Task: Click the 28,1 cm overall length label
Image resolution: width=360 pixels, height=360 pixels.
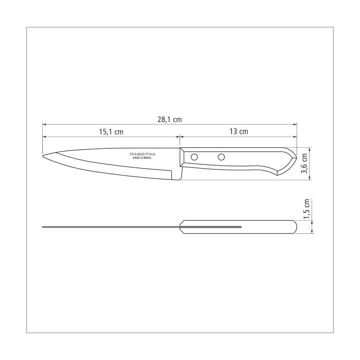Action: click(169, 120)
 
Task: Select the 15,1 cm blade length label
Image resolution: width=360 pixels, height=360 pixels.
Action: click(111, 132)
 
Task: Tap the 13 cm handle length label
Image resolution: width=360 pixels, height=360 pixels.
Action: click(238, 131)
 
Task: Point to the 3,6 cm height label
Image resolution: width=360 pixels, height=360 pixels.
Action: click(304, 163)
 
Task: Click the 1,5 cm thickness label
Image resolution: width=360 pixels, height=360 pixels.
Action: click(306, 209)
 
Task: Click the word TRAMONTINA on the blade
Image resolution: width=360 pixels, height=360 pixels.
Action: click(142, 154)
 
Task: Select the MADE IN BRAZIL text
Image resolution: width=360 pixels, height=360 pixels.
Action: click(142, 158)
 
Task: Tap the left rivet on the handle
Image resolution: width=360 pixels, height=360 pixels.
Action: click(194, 157)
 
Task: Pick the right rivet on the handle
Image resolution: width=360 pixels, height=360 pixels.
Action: click(221, 157)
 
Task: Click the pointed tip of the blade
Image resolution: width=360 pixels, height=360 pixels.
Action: click(43, 156)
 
